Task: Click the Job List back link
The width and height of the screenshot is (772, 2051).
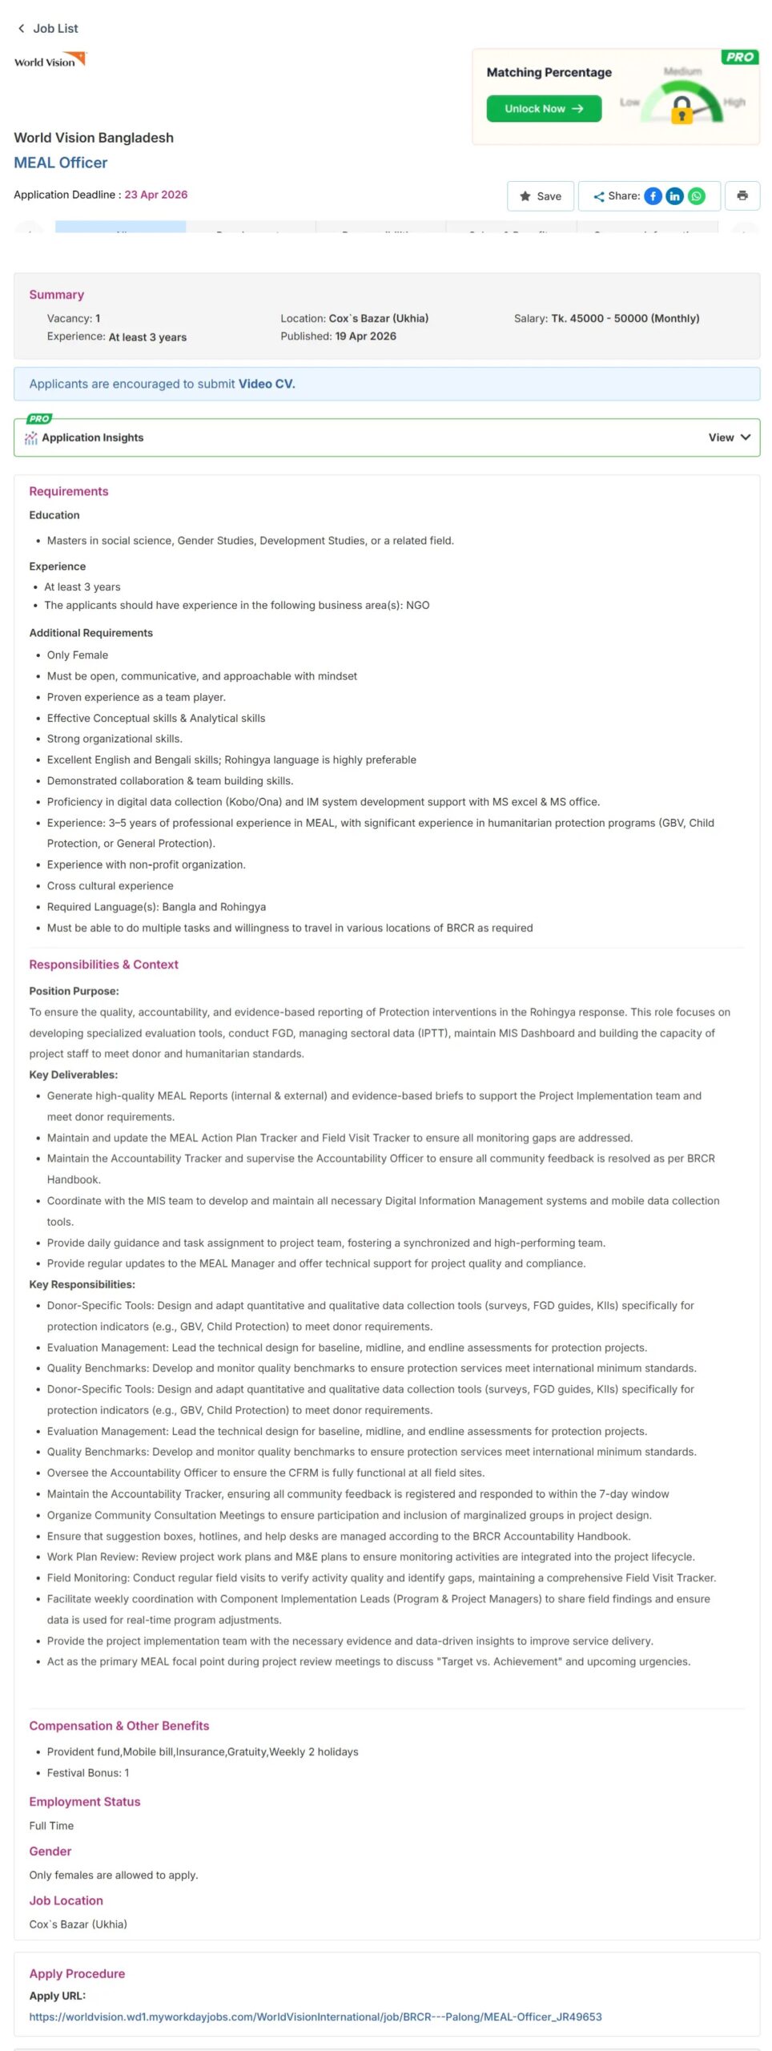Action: point(48,29)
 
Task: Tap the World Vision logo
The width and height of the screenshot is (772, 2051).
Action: point(50,61)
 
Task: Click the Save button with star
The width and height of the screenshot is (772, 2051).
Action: point(540,196)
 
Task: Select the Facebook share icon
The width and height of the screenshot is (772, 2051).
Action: point(653,196)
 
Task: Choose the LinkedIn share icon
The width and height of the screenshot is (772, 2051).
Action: point(674,196)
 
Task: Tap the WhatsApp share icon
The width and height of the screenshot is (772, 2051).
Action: point(697,196)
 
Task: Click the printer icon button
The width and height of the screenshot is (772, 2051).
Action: point(742,195)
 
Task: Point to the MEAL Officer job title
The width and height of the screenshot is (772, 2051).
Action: point(61,163)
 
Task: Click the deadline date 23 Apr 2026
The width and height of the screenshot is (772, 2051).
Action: point(156,195)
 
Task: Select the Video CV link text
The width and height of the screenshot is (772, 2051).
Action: point(267,384)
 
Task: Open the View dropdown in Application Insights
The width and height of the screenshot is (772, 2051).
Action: point(729,437)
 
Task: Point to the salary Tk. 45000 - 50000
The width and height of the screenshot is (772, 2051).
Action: point(625,318)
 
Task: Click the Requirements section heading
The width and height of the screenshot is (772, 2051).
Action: point(69,492)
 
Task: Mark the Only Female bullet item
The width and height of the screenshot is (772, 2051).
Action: point(78,655)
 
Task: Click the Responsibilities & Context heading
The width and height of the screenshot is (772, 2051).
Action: point(103,965)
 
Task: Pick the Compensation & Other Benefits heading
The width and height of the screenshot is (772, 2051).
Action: point(119,1726)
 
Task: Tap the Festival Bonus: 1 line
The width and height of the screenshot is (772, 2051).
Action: point(88,1773)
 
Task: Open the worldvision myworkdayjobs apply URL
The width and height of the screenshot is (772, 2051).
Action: point(316,2017)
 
